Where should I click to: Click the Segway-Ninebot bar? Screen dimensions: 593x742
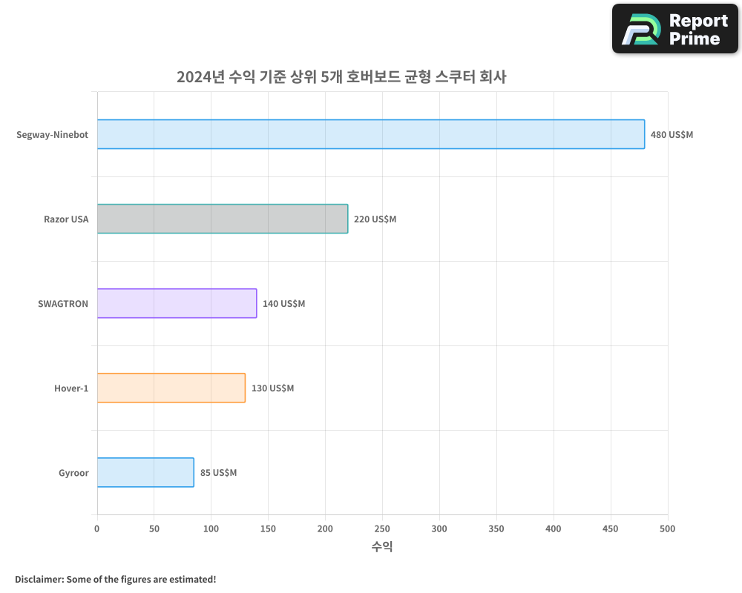[371, 134]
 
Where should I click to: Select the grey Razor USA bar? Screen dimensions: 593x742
[223, 219]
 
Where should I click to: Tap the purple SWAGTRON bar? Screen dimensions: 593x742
[177, 303]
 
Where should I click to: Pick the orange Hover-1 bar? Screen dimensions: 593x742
[171, 388]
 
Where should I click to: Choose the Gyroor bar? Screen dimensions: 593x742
[145, 472]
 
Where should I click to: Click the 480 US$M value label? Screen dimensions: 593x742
[672, 135]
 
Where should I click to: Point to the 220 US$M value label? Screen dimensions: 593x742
[375, 219]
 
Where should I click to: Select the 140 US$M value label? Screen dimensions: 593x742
[283, 304]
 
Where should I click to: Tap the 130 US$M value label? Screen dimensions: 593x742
[272, 388]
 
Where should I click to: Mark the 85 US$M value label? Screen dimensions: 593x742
[218, 473]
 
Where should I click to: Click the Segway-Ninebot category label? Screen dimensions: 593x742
[52, 135]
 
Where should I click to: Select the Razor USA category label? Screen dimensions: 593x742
[66, 219]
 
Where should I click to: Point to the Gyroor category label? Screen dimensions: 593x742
[73, 473]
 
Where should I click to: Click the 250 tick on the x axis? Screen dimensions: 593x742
[382, 529]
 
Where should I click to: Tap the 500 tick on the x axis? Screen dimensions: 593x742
[667, 529]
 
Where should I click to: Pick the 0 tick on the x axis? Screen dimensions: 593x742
[97, 529]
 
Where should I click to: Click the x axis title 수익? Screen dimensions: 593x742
[382, 547]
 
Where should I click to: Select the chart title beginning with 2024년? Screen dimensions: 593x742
[341, 76]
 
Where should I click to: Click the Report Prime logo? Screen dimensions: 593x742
[675, 29]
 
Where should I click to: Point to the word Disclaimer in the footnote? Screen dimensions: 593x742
[38, 579]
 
